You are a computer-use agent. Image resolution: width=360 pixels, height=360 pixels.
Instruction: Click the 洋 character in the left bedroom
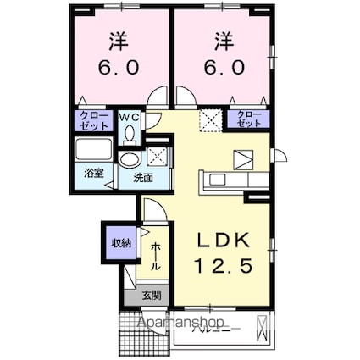tap(118, 40)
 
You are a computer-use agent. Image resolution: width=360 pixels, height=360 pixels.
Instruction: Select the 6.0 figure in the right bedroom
tap(224, 65)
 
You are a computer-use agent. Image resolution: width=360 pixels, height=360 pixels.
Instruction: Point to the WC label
tap(130, 115)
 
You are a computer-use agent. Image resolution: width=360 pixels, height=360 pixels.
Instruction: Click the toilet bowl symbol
tap(130, 132)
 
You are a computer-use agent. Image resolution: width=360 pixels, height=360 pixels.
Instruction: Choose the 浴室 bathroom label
tap(92, 173)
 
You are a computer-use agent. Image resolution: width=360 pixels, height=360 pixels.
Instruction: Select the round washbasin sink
tap(129, 161)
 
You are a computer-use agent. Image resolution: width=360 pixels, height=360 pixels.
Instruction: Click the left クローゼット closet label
tap(94, 119)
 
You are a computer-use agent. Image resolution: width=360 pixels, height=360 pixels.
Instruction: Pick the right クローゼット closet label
tap(247, 119)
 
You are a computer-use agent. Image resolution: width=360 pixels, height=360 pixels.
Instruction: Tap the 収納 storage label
tap(120, 244)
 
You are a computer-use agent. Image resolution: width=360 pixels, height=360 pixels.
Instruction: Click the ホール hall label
tap(157, 256)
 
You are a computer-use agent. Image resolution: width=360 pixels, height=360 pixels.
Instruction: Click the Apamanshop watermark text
tap(174, 324)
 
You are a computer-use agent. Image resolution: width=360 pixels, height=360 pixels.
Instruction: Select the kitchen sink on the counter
tap(214, 180)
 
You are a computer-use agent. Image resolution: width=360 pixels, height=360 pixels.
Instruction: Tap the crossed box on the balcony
tap(265, 325)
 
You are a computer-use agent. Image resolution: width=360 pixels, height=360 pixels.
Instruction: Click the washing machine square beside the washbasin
tap(156, 156)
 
